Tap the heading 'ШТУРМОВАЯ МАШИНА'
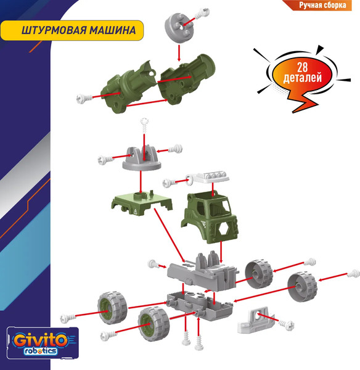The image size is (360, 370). [x=73, y=31]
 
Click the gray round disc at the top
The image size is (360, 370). [x=178, y=28]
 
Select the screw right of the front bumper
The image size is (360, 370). [x=285, y=321]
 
